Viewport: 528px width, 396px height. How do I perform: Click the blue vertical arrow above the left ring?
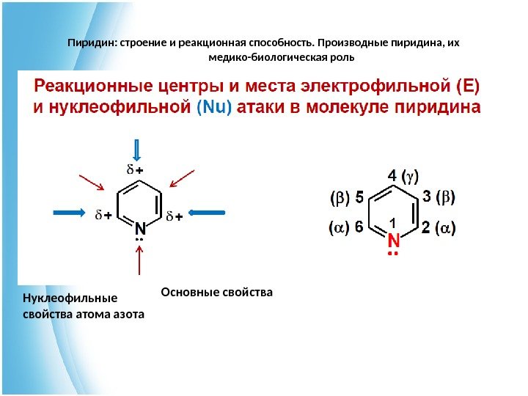pos(136,150)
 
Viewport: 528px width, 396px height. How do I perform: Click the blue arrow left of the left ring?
pos(78,212)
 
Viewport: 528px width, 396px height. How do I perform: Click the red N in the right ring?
pos(393,241)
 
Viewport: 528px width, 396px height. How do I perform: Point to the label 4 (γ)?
pos(403,176)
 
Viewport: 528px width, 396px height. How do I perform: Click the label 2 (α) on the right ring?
pos(439,228)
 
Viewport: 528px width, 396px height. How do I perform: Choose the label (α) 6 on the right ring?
pos(346,228)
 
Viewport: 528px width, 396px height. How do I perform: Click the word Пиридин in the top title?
pos(89,43)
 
